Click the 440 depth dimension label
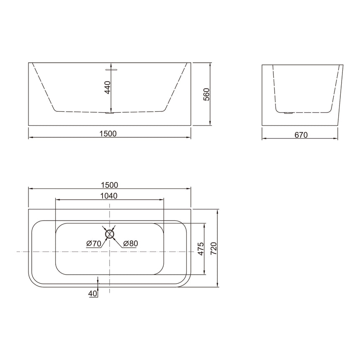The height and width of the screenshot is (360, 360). coord(108,87)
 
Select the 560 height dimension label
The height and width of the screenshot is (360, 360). coord(206,95)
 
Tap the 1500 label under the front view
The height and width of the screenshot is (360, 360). coord(108,134)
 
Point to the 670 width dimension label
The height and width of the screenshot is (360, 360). coord(301,135)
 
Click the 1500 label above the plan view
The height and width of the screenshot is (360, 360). coord(109,185)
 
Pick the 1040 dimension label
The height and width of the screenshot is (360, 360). coord(108,195)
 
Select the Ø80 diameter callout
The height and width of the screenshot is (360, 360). coord(130,243)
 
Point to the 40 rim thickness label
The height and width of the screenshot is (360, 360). coord(93,293)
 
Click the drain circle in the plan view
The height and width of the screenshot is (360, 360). coord(110,234)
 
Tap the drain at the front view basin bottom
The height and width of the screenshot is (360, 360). coord(110,113)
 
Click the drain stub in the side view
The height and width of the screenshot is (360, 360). coord(288,113)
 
